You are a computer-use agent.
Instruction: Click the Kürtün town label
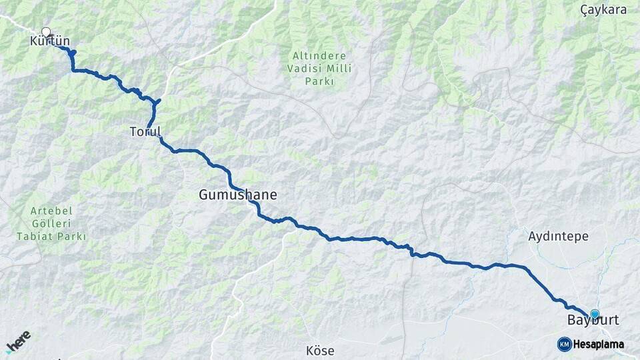click(50, 42)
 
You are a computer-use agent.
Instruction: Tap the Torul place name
click(145, 131)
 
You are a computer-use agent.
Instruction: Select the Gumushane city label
click(237, 195)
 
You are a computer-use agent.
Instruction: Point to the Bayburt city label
click(593, 321)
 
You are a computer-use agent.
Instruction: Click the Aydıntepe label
click(558, 236)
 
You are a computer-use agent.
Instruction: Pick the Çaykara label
click(604, 9)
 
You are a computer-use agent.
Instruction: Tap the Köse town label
click(320, 351)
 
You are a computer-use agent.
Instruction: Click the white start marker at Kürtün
click(46, 31)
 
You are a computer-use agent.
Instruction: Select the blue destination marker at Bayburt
click(595, 313)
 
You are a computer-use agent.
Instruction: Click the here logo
click(18, 342)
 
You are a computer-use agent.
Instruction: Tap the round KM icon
click(564, 344)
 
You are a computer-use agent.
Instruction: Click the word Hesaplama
click(599, 345)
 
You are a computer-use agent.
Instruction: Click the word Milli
click(339, 69)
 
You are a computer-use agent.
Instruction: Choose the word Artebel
click(51, 211)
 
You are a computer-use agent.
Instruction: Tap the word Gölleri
click(51, 223)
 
